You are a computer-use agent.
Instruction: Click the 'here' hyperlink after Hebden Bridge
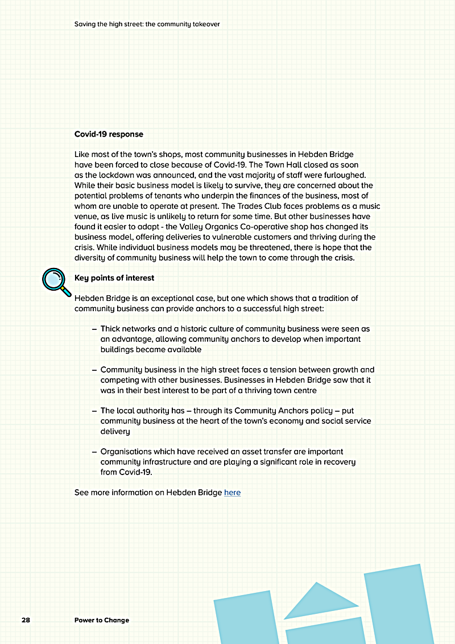pyautogui.click(x=232, y=493)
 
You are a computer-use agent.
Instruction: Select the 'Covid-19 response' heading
pyautogui.click(x=109, y=134)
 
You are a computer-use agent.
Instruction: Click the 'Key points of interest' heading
pyautogui.click(x=114, y=278)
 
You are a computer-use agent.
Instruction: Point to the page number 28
pyautogui.click(x=26, y=620)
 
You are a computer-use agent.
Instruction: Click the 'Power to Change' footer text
pyautogui.click(x=102, y=620)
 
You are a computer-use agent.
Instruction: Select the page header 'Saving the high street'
pyautogui.click(x=147, y=24)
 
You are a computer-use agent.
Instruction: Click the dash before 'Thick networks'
pyautogui.click(x=94, y=329)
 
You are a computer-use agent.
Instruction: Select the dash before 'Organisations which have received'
pyautogui.click(x=94, y=452)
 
